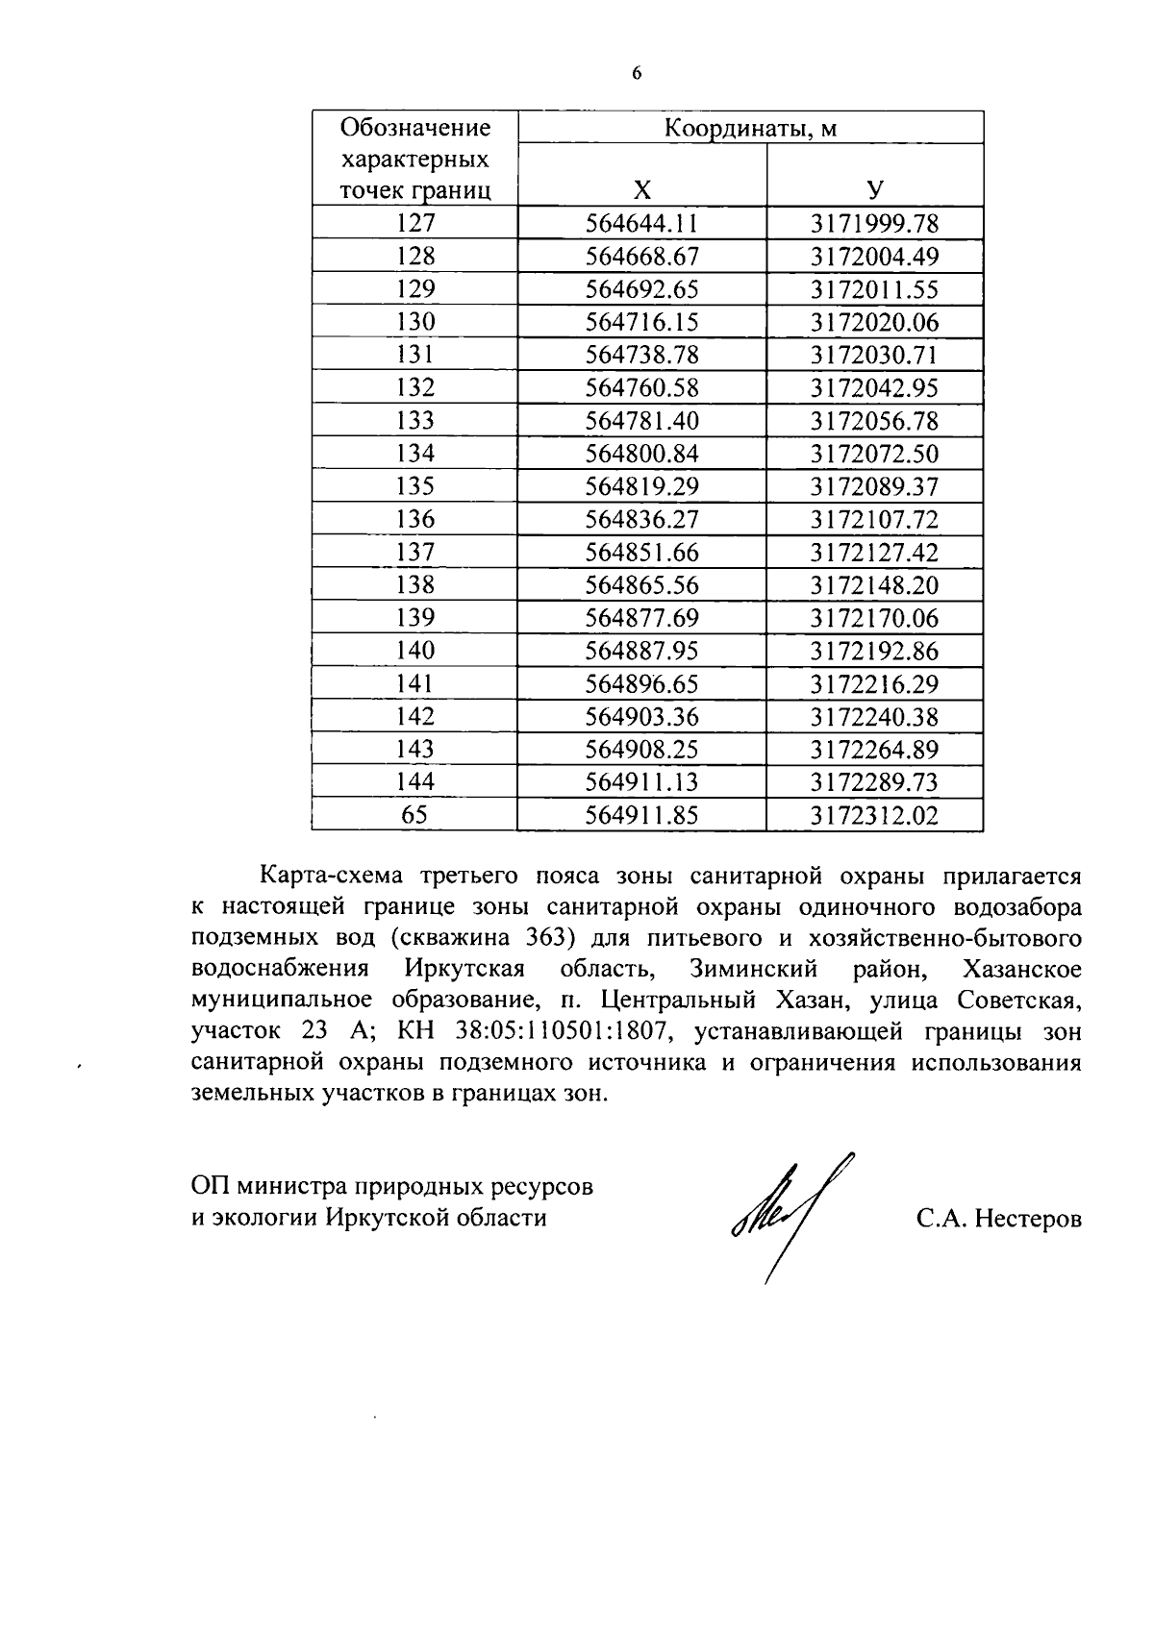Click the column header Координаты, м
[751, 128]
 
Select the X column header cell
[641, 189]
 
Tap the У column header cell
[874, 189]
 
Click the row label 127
[415, 224]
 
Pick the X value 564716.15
[641, 322]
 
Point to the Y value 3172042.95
[874, 388]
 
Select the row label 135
[415, 486]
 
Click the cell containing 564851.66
[641, 553]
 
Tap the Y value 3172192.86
[874, 652]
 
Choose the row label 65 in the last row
[415, 815]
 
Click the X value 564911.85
[641, 816]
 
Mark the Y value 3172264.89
[874, 750]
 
